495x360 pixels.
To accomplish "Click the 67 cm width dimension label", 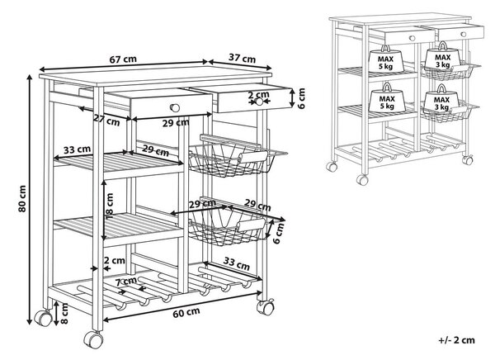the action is pos(123,59).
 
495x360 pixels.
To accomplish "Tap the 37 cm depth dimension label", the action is pos(242,58).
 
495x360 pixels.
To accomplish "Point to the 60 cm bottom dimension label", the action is pos(186,312).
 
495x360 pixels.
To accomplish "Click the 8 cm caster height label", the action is pos(64,313).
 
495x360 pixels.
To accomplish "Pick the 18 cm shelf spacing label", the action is pos(110,206).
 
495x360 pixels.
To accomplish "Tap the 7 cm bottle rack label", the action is pos(125,282).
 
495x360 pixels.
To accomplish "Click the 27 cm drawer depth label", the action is pos(106,120).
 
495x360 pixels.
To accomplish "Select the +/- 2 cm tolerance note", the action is pos(456,340).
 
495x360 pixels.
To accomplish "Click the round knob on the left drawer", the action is pos(175,108).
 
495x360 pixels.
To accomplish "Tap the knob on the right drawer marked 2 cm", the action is pos(259,102).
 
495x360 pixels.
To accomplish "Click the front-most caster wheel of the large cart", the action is pos(93,339).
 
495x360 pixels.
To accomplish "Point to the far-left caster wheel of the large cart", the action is pos(43,318).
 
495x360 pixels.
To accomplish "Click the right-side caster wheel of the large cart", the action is pos(265,307).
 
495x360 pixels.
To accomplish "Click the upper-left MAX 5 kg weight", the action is pos(386,59).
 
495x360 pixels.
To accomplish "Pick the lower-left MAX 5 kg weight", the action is pos(386,98).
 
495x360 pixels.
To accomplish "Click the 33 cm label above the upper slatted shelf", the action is pos(77,149).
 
